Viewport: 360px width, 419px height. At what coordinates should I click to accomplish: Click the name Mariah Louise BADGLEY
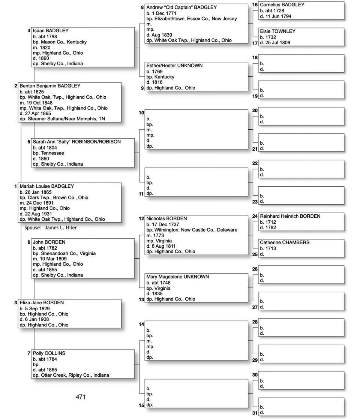(47, 186)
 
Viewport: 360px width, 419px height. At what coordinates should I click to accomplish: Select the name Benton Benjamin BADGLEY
(50, 86)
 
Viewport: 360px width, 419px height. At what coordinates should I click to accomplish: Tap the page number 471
(81, 397)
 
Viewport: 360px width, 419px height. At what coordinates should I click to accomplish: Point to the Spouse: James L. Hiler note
(51, 227)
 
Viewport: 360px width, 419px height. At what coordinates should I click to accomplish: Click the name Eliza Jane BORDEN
(42, 303)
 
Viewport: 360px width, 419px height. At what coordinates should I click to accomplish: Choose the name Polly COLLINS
(49, 353)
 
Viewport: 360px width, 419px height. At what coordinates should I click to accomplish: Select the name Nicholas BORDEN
(166, 218)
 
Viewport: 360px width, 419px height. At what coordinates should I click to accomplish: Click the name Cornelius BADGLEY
(282, 5)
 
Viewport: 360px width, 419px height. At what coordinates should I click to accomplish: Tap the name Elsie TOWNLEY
(277, 31)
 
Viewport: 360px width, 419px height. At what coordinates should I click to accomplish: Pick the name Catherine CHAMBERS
(285, 242)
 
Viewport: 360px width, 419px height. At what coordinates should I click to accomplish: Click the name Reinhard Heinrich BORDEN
(290, 216)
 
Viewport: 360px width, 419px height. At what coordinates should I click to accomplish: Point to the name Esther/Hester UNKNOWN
(174, 66)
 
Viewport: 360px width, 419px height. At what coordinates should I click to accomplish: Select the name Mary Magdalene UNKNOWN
(177, 277)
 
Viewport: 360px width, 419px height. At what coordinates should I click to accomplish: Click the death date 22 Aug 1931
(39, 214)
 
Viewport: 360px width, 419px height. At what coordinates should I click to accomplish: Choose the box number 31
(255, 413)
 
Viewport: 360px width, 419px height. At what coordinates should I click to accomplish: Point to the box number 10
(141, 113)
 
